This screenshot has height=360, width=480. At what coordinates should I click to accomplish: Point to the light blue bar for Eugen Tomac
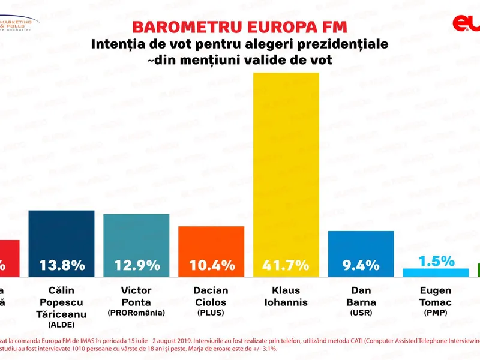coord(436,272)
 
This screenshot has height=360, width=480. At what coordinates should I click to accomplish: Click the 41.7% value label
coord(286,265)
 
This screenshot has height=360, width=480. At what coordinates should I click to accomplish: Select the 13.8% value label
coord(61,265)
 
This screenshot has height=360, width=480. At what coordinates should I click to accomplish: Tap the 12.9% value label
coord(136,265)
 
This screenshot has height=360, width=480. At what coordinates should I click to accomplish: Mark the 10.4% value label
coord(211,265)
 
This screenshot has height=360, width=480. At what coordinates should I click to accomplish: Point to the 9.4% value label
coord(361,265)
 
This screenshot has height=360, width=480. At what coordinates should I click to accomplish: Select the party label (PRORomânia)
coord(136,313)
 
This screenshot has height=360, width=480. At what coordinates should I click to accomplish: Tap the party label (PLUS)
coord(211,313)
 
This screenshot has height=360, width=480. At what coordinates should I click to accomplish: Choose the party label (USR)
coord(361,313)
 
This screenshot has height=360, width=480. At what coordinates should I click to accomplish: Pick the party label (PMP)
coord(436,313)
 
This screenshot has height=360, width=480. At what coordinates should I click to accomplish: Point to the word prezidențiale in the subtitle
coord(334,44)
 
